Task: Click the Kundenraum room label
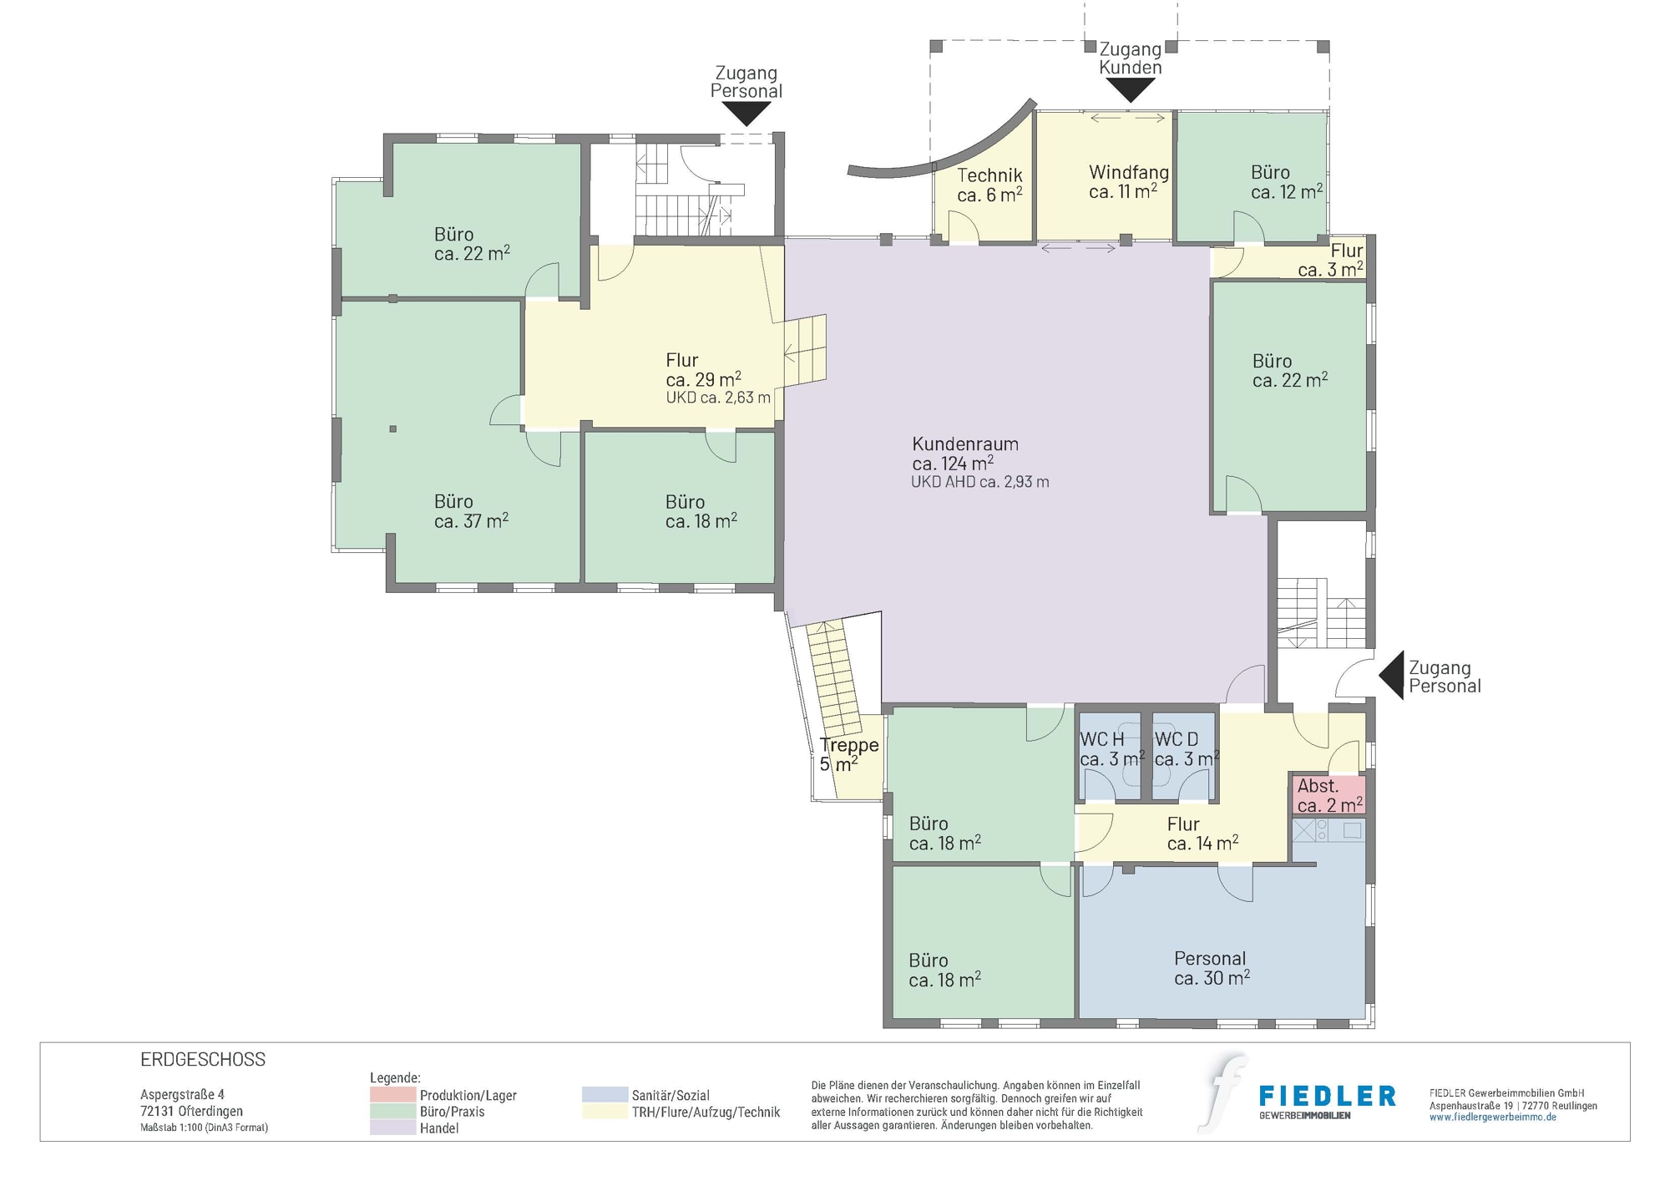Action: coord(964,454)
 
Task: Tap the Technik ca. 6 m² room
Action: coord(989,185)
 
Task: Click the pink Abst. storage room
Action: coord(1328,795)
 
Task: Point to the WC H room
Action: coord(1109,749)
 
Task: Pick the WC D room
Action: coord(1184,749)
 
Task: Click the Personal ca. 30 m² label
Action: coord(1211,968)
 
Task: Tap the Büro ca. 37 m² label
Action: coord(470,511)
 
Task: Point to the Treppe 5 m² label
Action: coord(848,754)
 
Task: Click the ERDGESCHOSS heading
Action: coord(203,1059)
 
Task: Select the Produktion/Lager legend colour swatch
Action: coord(392,1094)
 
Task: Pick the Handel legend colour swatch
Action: coord(392,1128)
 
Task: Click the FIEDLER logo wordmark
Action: coord(1327,1096)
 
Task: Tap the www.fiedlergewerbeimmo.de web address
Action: coord(1492,1118)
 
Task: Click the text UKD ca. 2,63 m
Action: coord(717,398)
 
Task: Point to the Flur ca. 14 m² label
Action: coord(1202,834)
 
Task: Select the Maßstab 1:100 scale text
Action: coord(204,1128)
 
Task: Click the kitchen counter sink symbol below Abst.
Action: coord(1303,830)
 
